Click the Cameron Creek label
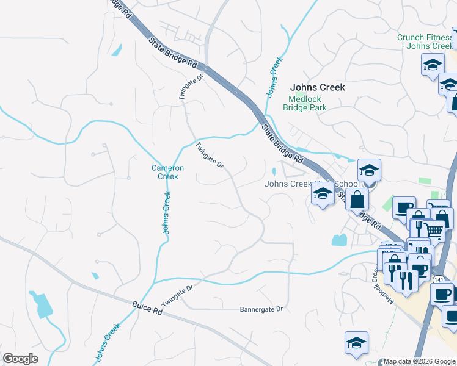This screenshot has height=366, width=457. (164, 172)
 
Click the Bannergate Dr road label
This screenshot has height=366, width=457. (262, 309)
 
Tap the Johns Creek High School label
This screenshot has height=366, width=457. (312, 184)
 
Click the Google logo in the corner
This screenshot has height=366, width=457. (20, 359)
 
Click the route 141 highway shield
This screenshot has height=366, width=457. (439, 279)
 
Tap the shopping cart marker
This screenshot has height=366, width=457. (433, 231)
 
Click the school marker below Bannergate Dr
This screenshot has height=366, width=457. (356, 343)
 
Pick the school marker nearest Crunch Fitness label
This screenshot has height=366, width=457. (433, 65)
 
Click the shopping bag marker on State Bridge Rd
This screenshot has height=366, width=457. (357, 199)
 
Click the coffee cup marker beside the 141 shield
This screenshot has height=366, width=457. (441, 293)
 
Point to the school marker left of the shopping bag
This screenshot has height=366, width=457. (322, 194)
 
